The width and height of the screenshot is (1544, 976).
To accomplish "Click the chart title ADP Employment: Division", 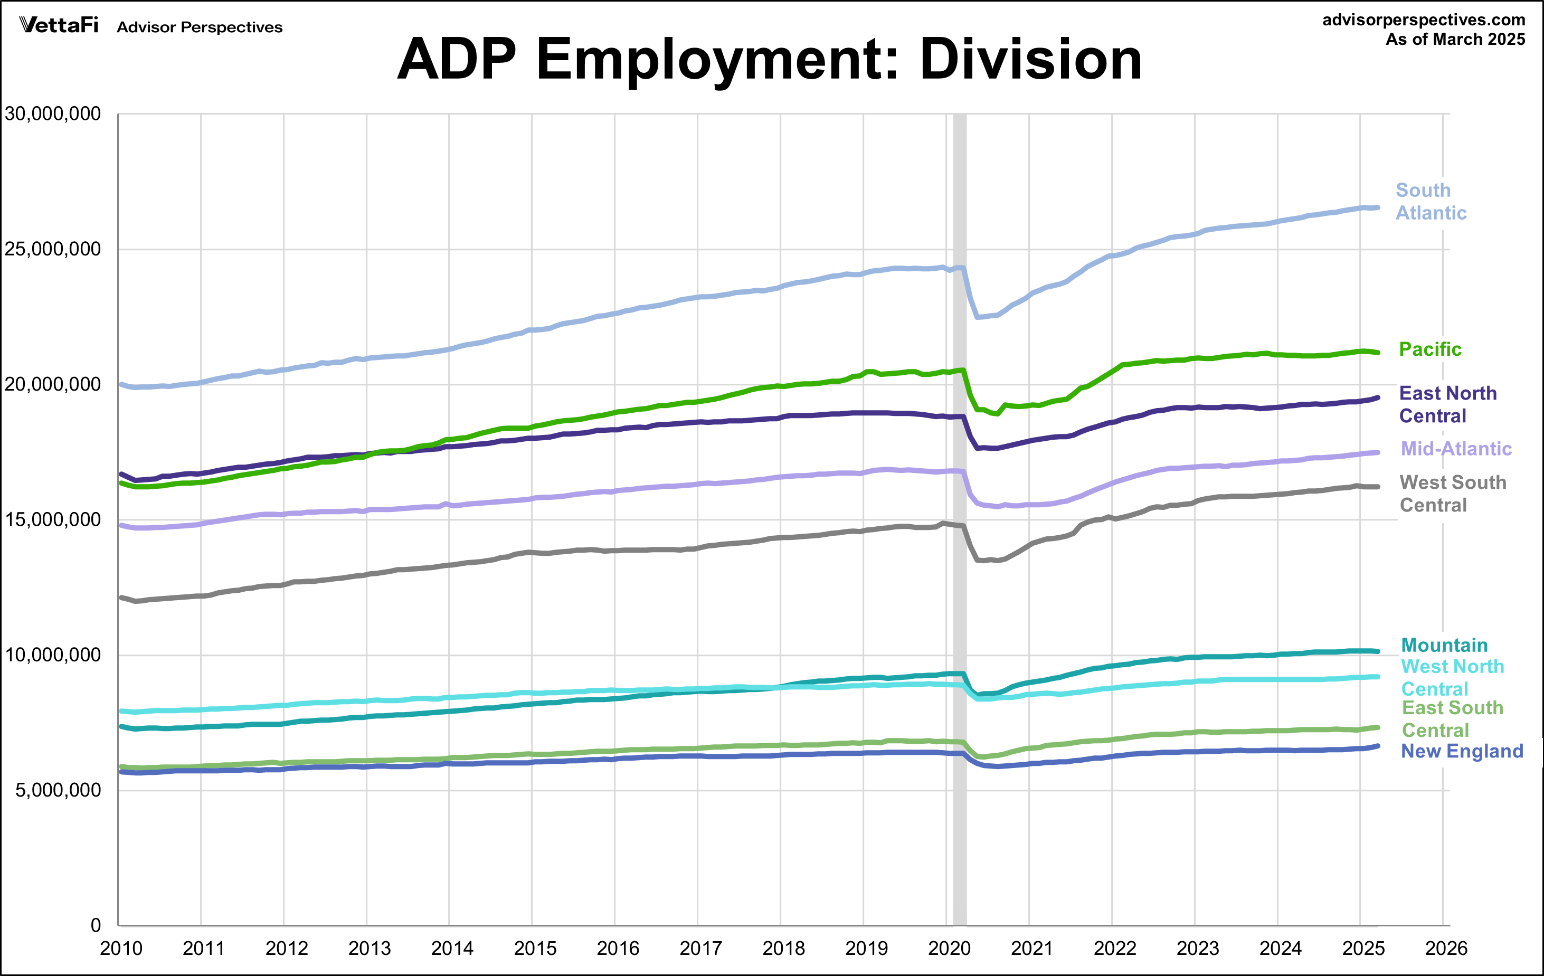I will (x=770, y=60).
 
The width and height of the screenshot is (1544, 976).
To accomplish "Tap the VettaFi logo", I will (x=59, y=26).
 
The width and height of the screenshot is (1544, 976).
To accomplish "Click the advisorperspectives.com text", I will (x=1424, y=20).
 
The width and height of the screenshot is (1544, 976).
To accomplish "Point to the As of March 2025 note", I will (x=1455, y=40).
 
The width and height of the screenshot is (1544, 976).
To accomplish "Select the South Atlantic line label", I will (x=1431, y=201).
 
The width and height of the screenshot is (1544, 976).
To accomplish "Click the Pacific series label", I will (x=1430, y=349).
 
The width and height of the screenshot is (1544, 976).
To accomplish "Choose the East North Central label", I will (x=1447, y=405).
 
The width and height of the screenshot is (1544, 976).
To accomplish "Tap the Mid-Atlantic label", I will (x=1455, y=449).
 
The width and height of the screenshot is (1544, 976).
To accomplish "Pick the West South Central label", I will (x=1452, y=494).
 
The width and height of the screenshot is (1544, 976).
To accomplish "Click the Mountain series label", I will (x=1444, y=645).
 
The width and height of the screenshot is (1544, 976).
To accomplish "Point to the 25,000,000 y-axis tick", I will (x=53, y=249).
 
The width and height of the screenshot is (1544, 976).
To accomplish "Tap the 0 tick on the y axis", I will (x=96, y=925).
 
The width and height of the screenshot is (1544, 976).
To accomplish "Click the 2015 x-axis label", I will (x=535, y=949).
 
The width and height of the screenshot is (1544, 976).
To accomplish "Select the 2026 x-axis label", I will (x=1446, y=949).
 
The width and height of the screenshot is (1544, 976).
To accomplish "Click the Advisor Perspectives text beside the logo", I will (x=200, y=27).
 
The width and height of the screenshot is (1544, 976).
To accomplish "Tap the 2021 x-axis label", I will (x=1031, y=949).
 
